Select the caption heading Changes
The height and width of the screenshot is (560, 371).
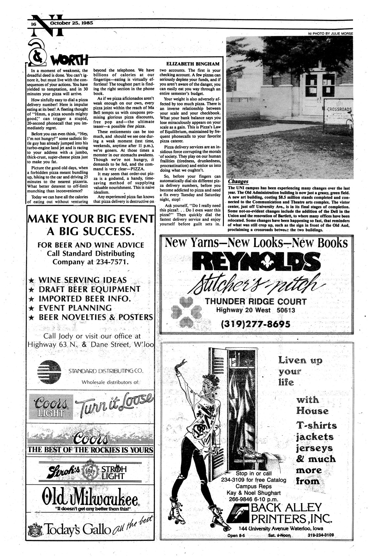tap(238, 182)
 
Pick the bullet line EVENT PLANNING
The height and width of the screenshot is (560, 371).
tap(75, 308)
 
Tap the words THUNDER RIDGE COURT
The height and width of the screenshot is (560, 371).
tap(256, 301)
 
